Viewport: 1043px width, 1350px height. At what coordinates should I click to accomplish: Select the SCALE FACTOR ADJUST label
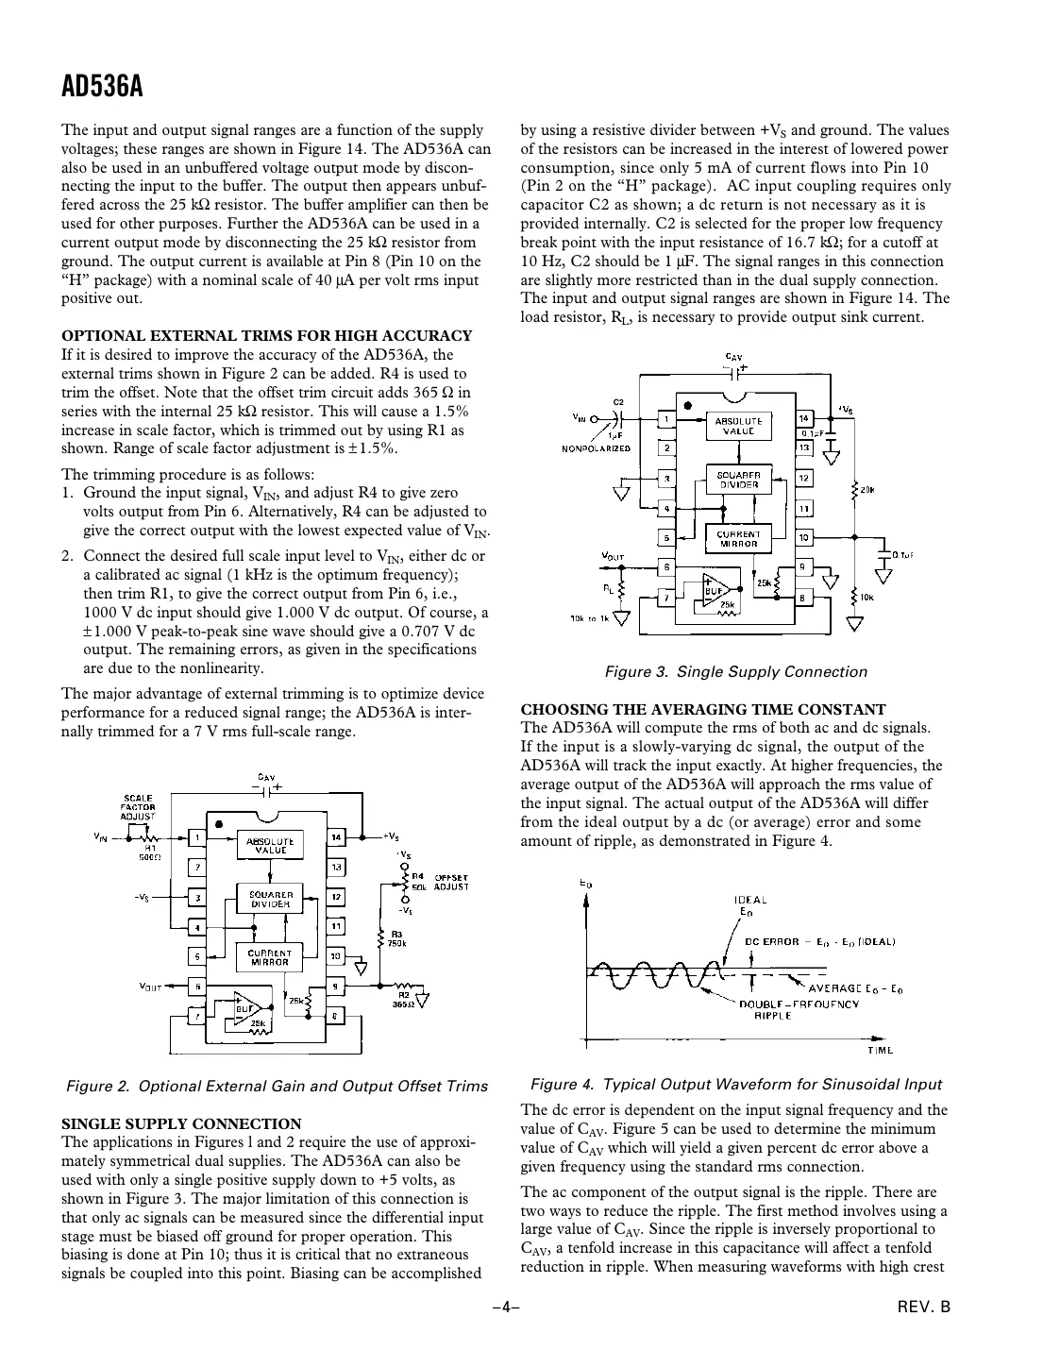[138, 807]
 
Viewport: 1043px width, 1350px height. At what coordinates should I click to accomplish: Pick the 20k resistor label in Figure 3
[867, 491]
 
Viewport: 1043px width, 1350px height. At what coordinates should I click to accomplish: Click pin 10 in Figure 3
[804, 537]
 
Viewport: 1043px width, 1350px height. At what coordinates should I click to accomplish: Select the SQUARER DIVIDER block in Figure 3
[738, 479]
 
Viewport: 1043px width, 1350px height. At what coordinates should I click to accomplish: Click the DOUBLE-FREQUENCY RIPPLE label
[799, 1009]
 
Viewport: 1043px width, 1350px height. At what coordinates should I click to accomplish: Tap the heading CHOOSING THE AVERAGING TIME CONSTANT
[703, 709]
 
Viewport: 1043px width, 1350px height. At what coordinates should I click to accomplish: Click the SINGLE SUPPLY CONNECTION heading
[181, 1123]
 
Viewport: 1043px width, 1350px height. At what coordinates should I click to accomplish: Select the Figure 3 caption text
[735, 672]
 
